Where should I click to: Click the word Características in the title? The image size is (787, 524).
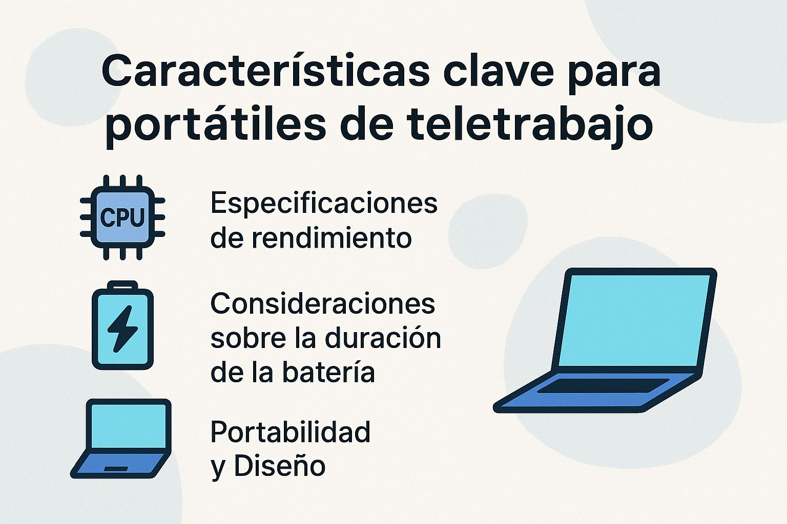coord(265,72)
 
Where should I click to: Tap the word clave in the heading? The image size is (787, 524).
coord(498,72)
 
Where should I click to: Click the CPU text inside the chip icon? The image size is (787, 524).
coord(122,217)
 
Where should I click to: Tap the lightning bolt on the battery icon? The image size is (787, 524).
coord(122,329)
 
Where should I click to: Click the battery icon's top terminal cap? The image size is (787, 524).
coord(122,285)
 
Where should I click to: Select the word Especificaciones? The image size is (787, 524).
coord(324,204)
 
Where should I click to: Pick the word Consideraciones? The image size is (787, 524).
coord(323,304)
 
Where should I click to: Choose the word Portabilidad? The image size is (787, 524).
coord(291,432)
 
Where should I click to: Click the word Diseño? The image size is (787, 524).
coord(279,466)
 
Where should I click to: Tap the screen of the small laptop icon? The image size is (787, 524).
coord(129,425)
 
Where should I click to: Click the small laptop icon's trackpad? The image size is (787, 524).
coord(116,469)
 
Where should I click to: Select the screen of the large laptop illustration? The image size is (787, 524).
coord(633,320)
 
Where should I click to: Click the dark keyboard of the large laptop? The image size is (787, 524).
coord(603,386)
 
